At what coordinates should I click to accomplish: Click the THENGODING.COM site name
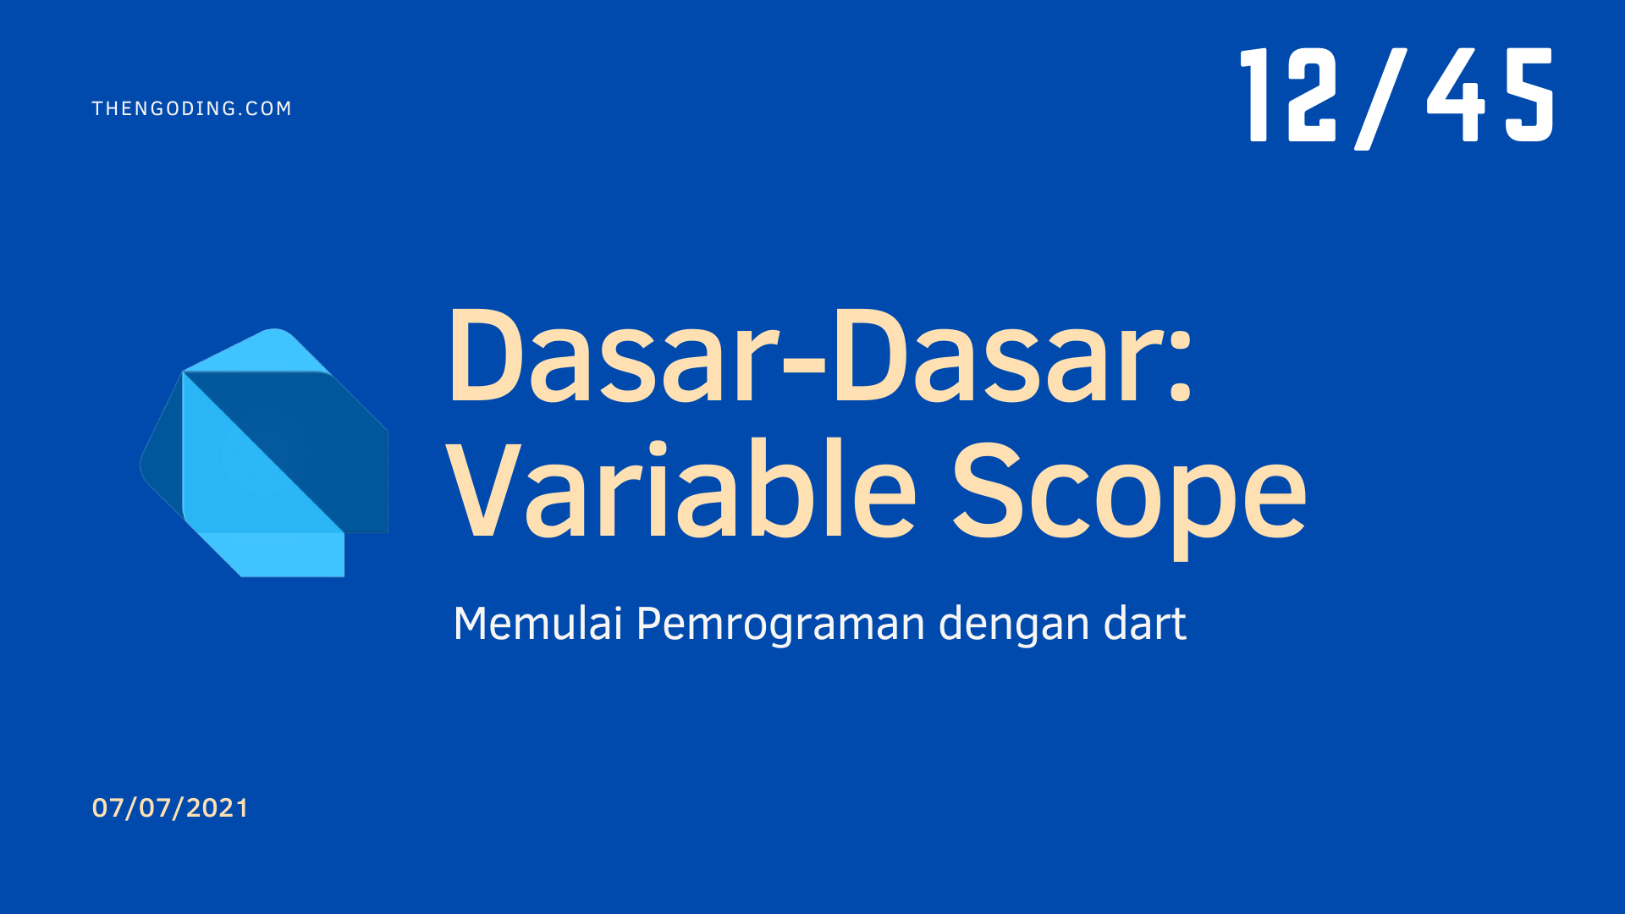191,108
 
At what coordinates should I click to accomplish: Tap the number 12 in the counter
1288,94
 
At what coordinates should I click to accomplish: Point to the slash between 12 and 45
1380,98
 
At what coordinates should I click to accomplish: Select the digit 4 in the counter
1457,94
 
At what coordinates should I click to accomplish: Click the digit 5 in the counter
1529,94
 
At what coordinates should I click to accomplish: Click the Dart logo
264,453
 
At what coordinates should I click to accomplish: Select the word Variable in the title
682,488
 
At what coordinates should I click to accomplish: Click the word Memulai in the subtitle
538,624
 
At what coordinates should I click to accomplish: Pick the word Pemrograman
781,625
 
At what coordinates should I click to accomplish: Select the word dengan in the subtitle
1015,625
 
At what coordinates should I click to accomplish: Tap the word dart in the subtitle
1145,624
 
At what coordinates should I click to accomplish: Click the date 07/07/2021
170,808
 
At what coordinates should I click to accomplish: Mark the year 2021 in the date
218,808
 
